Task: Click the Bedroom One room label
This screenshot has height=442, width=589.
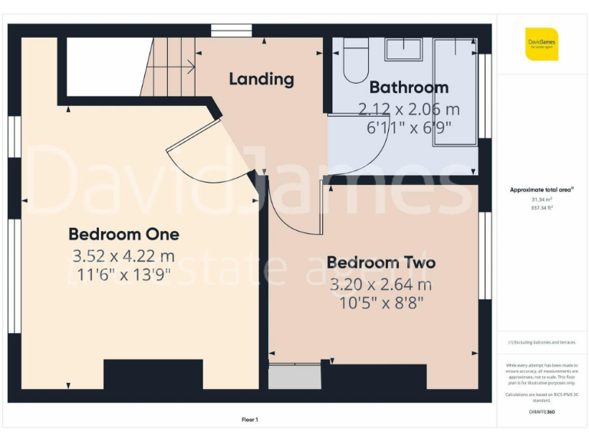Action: point(123,234)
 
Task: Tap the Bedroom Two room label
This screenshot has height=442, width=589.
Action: point(380,262)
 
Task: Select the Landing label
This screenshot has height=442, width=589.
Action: point(261,78)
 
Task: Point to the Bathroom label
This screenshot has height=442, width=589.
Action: point(408,87)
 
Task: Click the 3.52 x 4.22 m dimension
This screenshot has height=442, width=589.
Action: point(123,255)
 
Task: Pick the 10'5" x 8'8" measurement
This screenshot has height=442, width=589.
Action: point(380,302)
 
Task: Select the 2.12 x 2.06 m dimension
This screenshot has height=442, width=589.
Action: point(408,108)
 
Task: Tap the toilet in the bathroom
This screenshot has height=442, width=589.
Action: point(356,61)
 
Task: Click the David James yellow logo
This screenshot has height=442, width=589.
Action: point(541,44)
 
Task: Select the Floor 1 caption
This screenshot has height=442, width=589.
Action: point(250,420)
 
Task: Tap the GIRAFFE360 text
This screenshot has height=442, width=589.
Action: point(541,413)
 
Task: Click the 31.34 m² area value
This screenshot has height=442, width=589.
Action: point(541,199)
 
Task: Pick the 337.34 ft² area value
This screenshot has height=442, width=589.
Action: point(541,207)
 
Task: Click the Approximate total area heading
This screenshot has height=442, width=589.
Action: point(541,190)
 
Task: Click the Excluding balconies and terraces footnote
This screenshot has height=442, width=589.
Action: point(541,342)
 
